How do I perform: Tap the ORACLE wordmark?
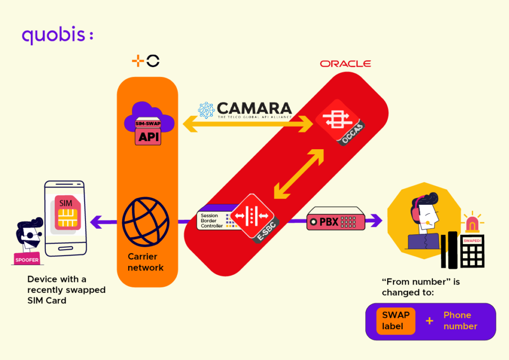[x=345, y=64]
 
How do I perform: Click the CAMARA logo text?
[x=254, y=108]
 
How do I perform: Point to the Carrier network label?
[x=145, y=262]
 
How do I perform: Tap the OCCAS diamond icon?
[x=339, y=122]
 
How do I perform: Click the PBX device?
[x=336, y=220]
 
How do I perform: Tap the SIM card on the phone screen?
[x=66, y=213]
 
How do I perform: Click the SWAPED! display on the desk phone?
[x=472, y=241]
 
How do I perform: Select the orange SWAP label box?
[x=396, y=321]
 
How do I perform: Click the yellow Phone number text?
[x=460, y=321]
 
